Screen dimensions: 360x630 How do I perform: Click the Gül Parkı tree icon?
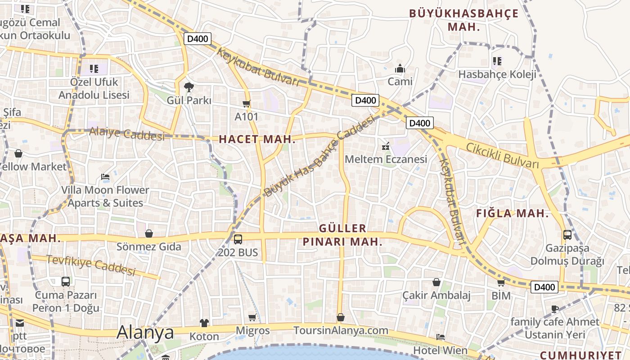[189, 87]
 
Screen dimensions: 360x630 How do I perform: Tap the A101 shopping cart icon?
[246, 104]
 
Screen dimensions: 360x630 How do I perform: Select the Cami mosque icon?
[400, 69]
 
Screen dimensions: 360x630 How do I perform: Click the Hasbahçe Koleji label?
[497, 74]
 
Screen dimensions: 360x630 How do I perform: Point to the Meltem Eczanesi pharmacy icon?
[386, 146]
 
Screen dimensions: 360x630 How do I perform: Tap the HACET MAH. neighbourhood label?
[257, 139]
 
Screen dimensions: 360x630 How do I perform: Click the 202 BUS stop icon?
[238, 239]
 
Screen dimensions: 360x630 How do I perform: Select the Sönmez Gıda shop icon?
[149, 234]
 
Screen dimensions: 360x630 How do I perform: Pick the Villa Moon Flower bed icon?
[105, 177]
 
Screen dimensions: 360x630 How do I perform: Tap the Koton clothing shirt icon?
[204, 323]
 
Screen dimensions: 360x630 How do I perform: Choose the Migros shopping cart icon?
[252, 318]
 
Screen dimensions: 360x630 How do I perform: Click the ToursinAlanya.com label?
[341, 330]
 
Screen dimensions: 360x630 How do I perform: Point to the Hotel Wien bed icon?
[441, 337]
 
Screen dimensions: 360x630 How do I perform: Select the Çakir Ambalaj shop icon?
[436, 282]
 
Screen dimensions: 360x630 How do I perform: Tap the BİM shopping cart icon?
[501, 283]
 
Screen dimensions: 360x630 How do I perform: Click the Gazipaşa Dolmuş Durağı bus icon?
[567, 234]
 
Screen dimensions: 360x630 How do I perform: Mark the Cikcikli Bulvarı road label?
[502, 156]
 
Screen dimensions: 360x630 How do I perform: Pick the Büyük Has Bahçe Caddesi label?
[319, 157]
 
